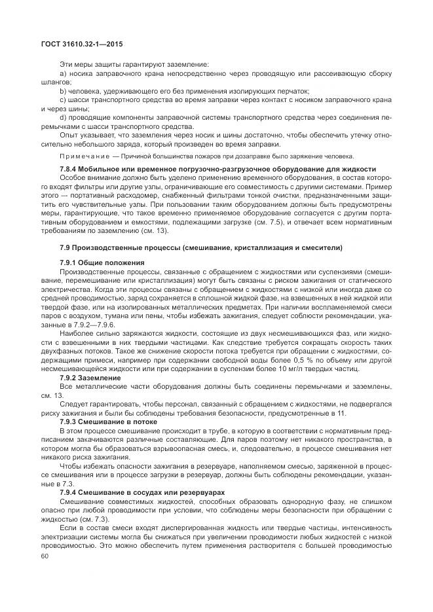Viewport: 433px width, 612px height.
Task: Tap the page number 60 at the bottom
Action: pos(45,555)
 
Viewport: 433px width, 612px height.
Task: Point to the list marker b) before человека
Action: pos(63,91)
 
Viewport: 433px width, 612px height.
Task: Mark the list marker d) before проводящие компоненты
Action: pos(63,117)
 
